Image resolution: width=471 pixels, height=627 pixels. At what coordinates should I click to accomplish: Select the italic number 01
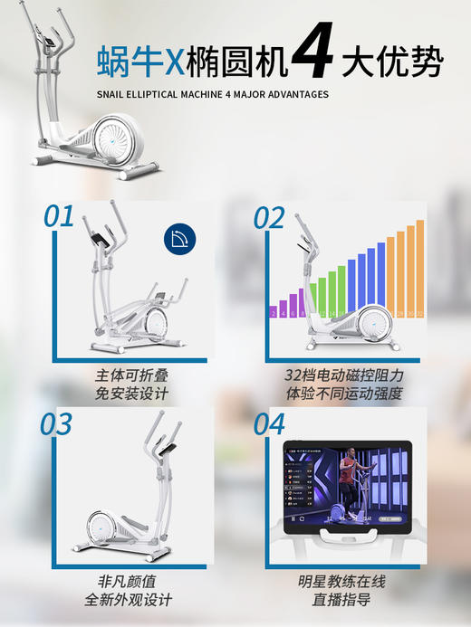59,216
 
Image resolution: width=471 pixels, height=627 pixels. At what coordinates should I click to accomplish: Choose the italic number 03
56,423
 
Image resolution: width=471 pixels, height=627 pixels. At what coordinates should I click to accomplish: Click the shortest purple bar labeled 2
274,313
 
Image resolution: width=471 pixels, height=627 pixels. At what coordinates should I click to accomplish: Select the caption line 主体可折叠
131,374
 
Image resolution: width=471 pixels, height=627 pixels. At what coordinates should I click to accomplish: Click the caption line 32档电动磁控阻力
343,374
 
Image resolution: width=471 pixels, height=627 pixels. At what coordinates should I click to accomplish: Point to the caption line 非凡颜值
131,580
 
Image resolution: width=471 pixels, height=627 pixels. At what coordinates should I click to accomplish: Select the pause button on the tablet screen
293,519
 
